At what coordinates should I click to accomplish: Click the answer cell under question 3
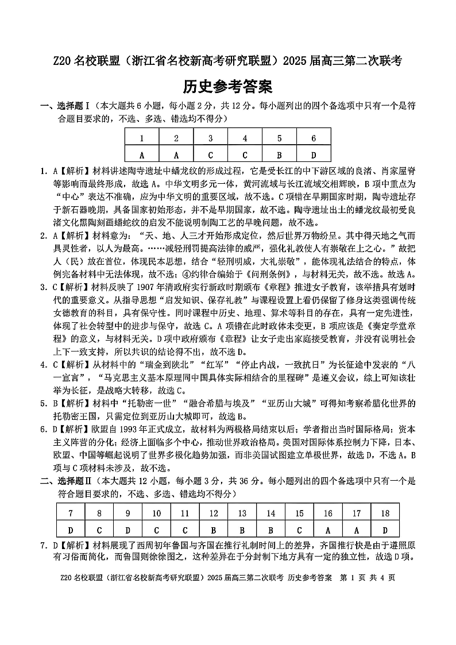point(211,155)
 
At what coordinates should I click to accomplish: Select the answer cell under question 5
point(279,155)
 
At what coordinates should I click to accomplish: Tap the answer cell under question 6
point(314,155)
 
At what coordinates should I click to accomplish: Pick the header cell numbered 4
point(245,138)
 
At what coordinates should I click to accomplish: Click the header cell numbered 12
point(214,513)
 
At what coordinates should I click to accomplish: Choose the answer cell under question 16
point(328,530)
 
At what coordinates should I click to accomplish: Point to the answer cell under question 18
point(385,530)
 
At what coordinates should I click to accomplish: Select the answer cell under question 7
point(71,530)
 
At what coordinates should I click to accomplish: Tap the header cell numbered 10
point(156,513)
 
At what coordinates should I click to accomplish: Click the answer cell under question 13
point(242,530)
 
